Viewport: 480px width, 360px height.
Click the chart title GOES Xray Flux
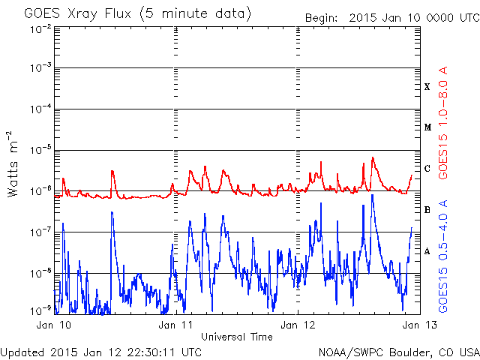pyautogui.click(x=77, y=14)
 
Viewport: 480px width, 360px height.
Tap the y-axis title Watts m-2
pyautogui.click(x=12, y=164)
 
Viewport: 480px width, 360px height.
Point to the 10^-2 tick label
pyautogui.click(x=40, y=30)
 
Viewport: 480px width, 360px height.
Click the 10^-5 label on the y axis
pyautogui.click(x=40, y=150)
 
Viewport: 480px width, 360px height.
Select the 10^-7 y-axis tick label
pyautogui.click(x=40, y=232)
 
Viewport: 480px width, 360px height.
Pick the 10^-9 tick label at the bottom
pyautogui.click(x=40, y=311)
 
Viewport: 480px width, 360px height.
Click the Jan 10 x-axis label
pyautogui.click(x=54, y=325)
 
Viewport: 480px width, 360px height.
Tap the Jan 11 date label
pyautogui.click(x=175, y=325)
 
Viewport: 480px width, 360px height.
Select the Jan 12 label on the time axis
pyautogui.click(x=298, y=325)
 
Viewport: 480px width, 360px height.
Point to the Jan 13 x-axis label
pyautogui.click(x=419, y=325)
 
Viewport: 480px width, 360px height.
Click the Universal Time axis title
pyautogui.click(x=237, y=337)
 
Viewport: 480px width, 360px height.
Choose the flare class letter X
pyautogui.click(x=427, y=87)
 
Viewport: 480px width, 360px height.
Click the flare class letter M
pyautogui.click(x=428, y=127)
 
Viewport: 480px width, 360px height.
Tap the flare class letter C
pyautogui.click(x=427, y=169)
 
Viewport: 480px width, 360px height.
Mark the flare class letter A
pyautogui.click(x=427, y=251)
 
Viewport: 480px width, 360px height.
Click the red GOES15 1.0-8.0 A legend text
pyautogui.click(x=443, y=122)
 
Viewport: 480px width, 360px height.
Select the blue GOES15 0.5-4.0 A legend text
pyautogui.click(x=443, y=256)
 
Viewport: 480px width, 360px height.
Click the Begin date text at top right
pyautogui.click(x=392, y=18)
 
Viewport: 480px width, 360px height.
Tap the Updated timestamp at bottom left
pyautogui.click(x=101, y=352)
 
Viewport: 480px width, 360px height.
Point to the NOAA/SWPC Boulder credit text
pyautogui.click(x=399, y=352)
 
